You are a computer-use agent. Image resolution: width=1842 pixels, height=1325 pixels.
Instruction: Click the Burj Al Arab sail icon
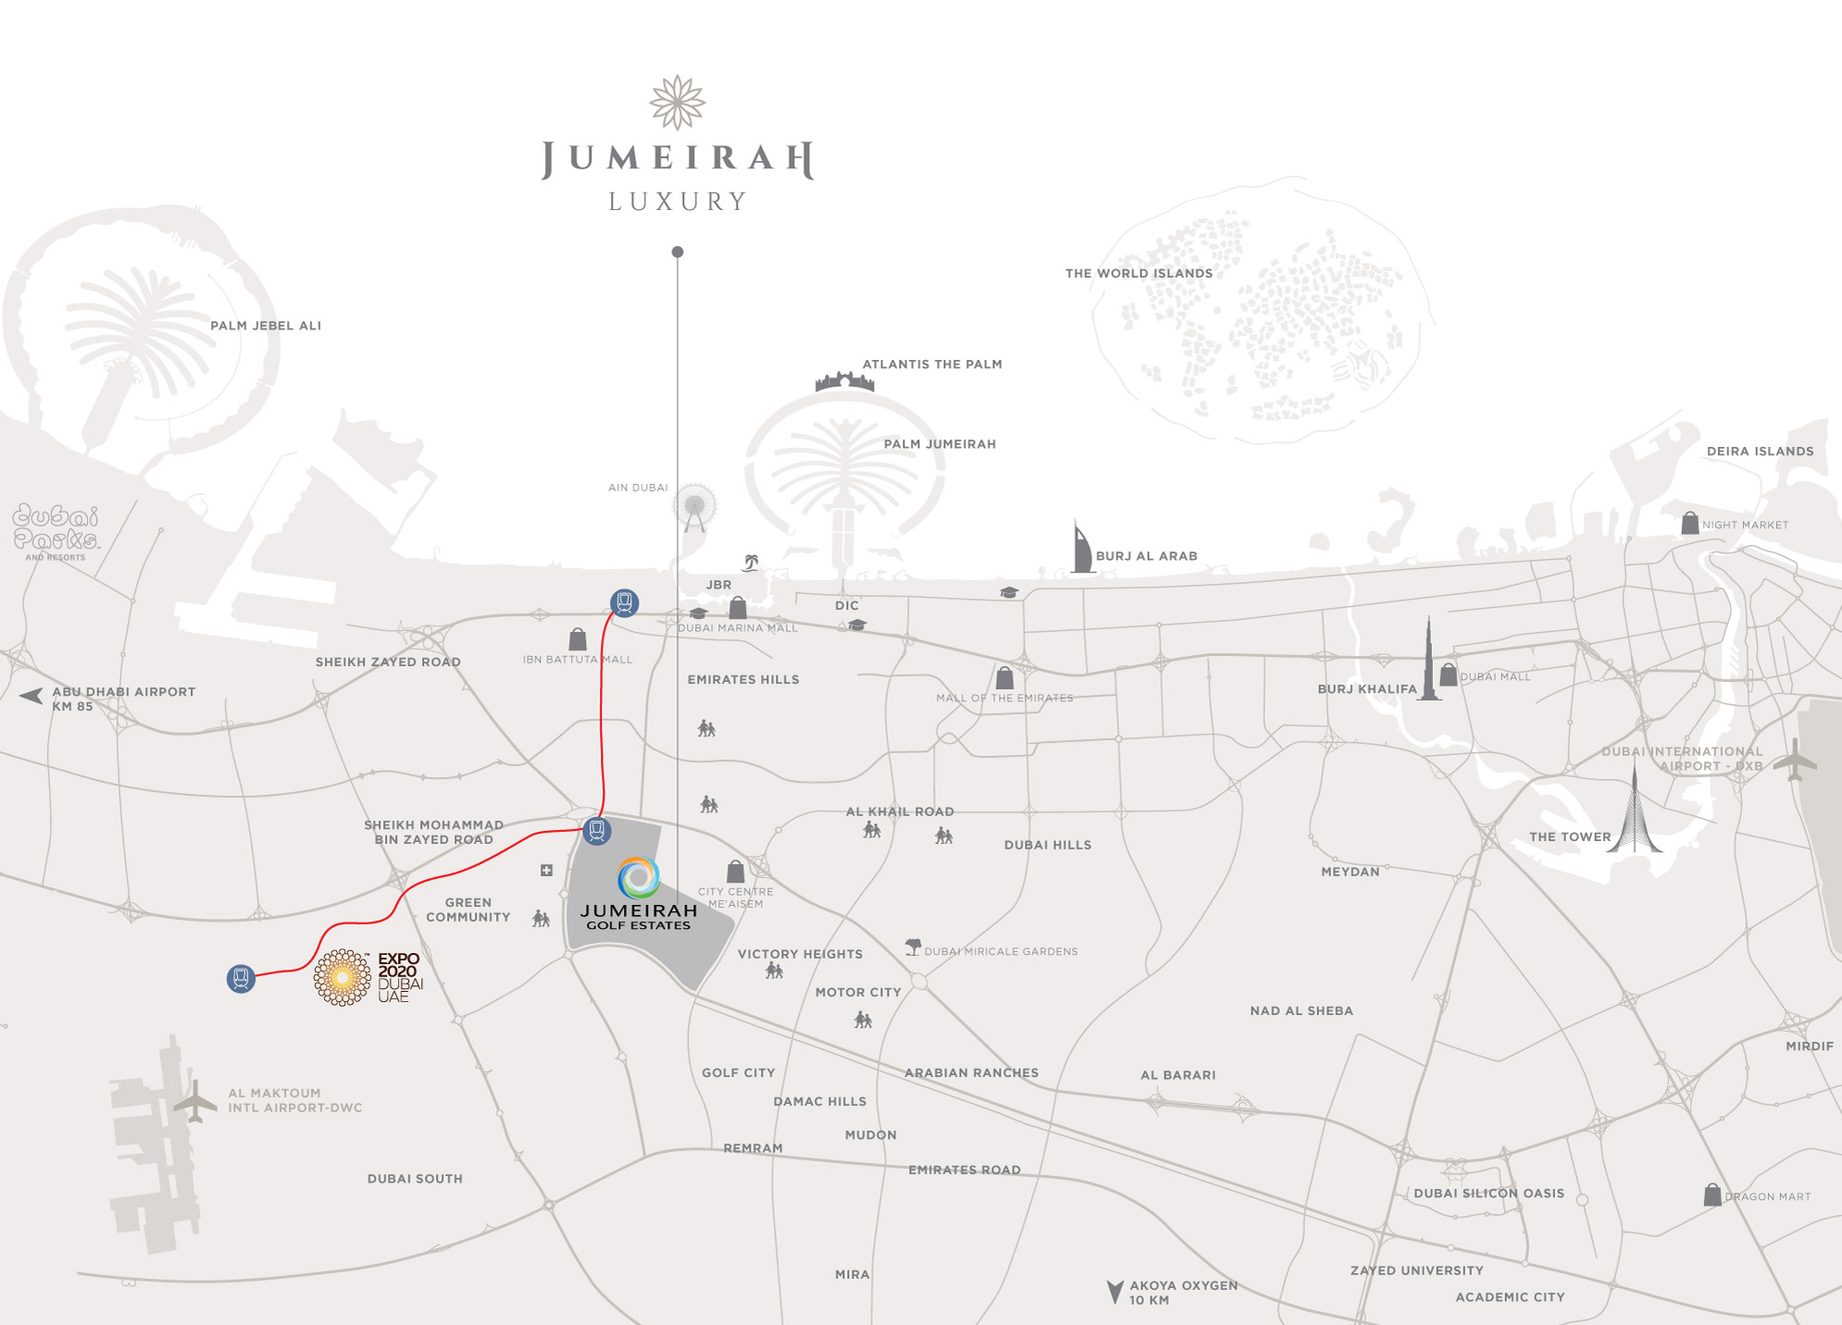(1081, 549)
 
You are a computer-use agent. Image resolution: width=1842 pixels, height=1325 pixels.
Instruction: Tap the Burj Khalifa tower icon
(1429, 662)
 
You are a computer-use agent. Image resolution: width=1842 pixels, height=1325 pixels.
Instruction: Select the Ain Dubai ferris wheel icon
(694, 507)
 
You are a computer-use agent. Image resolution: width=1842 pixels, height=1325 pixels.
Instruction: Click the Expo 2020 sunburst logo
(342, 977)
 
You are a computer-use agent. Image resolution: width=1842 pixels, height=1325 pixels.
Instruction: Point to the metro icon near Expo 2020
(241, 978)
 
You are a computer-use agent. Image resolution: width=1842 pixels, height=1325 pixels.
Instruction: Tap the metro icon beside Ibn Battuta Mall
(625, 603)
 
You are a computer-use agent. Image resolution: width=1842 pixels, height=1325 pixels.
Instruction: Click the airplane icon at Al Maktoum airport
(195, 1101)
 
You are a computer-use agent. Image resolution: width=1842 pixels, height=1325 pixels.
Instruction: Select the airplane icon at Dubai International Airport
(1795, 761)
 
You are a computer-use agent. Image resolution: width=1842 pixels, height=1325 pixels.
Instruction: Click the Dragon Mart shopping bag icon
(1712, 1195)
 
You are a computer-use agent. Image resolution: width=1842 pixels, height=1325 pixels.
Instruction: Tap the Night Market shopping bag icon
(1689, 524)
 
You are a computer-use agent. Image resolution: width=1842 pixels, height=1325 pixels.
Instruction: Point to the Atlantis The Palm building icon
(844, 380)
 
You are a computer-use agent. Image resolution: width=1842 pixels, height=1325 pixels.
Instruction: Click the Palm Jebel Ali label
(266, 326)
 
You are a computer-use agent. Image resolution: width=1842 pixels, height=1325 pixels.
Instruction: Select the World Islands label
(1139, 273)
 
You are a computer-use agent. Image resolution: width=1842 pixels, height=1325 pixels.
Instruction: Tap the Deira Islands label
(1760, 452)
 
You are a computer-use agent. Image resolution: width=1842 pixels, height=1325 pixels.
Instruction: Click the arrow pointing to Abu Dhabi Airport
(31, 696)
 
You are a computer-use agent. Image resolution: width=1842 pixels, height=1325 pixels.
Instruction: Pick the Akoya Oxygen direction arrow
(1115, 1291)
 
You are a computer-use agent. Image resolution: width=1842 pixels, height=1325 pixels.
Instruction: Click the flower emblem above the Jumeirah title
(678, 102)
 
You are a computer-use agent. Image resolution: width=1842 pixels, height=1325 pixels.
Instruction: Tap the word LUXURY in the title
(678, 202)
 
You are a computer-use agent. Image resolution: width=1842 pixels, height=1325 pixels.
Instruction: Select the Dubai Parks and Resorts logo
(56, 531)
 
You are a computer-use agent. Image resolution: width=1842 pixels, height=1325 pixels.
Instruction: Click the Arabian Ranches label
(971, 1073)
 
